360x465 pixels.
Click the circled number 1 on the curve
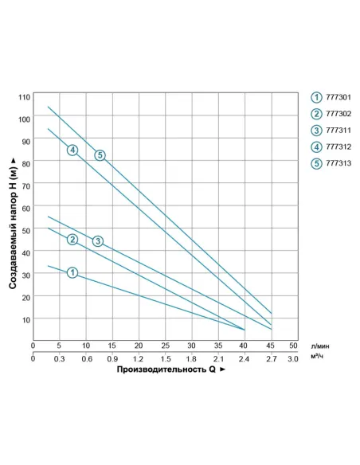72,273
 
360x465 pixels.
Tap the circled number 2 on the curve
72,240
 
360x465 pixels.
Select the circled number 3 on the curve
98,241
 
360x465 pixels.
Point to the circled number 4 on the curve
72,150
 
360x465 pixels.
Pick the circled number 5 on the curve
100,155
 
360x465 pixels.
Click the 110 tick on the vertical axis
24,96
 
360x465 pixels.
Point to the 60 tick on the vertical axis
25,208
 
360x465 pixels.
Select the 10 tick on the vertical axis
25,319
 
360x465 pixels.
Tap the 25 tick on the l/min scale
165,346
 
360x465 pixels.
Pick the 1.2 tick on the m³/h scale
139,358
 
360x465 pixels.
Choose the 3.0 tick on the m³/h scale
292,358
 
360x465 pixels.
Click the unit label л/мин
320,346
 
